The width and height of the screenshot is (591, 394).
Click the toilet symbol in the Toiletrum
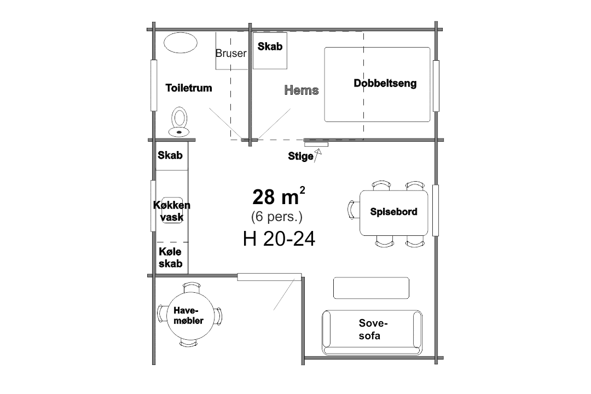(x=179, y=122)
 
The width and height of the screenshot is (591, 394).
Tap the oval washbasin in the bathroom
(x=181, y=43)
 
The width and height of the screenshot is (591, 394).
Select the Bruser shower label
(x=231, y=54)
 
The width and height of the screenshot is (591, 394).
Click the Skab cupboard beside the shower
(x=270, y=51)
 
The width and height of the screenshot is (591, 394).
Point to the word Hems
(x=302, y=90)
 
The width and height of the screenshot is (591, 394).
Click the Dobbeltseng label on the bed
(x=385, y=83)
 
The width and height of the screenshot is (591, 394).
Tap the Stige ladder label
(x=300, y=156)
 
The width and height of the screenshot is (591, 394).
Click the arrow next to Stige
(x=317, y=155)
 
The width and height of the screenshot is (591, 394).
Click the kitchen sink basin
(x=172, y=210)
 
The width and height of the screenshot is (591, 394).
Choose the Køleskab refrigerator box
(x=172, y=258)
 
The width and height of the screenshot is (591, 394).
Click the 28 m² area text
(x=279, y=196)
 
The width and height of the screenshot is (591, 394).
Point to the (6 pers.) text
(x=277, y=217)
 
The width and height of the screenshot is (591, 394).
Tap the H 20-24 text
(x=279, y=239)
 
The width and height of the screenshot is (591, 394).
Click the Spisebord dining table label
(x=393, y=212)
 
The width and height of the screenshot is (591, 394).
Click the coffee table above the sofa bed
(x=371, y=288)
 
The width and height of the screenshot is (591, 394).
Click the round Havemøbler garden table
(x=190, y=315)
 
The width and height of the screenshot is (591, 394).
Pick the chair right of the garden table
(x=218, y=316)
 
